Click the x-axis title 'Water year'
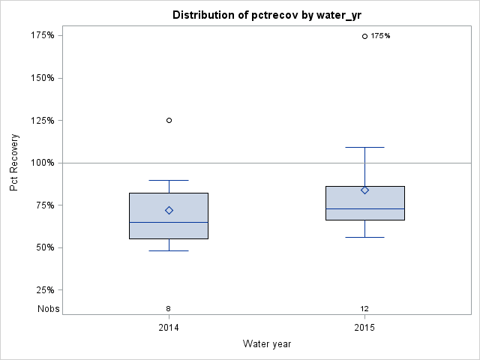point(267,344)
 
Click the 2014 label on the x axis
point(169,328)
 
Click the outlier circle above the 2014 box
point(169,120)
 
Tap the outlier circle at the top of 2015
point(365,36)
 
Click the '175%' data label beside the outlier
point(381,36)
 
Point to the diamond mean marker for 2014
point(169,211)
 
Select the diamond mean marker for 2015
point(365,190)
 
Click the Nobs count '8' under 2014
point(169,308)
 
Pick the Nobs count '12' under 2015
point(364,308)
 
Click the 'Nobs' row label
point(48,308)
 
